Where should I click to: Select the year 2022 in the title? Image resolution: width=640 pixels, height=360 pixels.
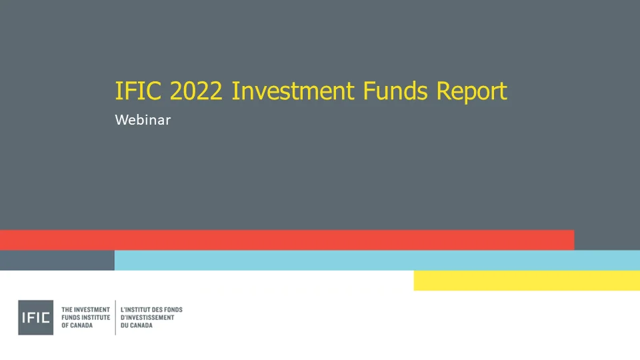click(x=196, y=91)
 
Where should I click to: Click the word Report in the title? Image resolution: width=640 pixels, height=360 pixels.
click(x=472, y=91)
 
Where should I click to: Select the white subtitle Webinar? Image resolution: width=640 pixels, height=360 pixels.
click(x=143, y=121)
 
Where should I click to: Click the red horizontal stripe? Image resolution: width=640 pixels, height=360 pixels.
click(x=287, y=240)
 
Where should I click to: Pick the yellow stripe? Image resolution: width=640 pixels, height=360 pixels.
click(x=527, y=281)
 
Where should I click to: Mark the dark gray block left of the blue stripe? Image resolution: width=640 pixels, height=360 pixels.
click(x=57, y=260)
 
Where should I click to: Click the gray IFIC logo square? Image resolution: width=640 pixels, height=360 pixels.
click(x=35, y=317)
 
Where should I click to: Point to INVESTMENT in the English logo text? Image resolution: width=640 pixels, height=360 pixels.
click(x=91, y=310)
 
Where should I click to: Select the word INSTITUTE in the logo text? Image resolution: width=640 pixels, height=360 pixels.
click(x=95, y=318)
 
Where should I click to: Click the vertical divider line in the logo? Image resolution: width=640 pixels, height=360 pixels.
click(x=115, y=317)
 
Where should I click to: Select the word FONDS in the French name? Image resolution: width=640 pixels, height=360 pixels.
click(x=173, y=310)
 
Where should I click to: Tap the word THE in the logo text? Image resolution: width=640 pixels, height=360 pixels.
click(x=66, y=310)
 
